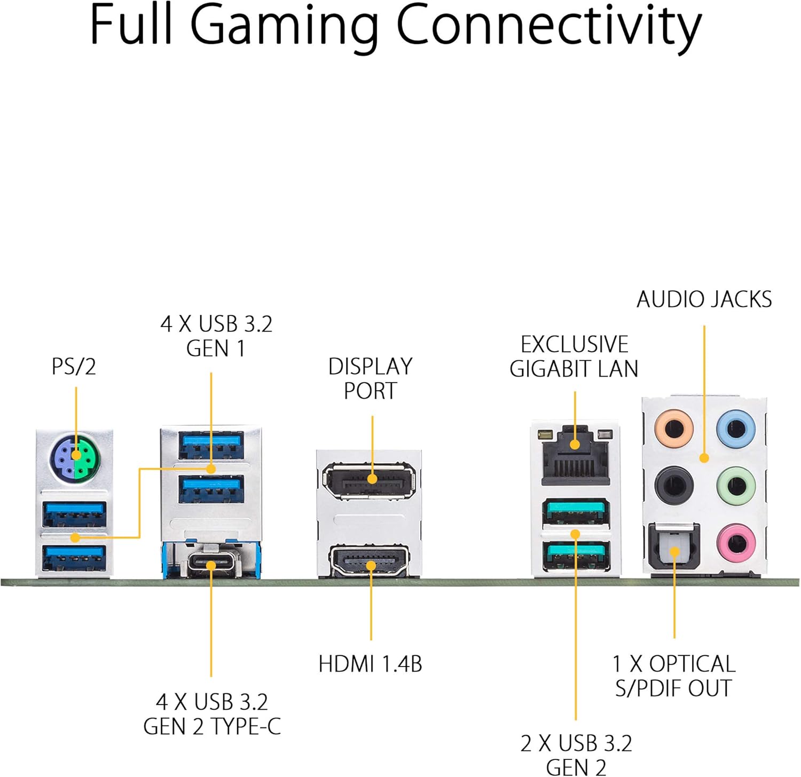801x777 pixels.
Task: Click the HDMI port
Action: [x=370, y=561]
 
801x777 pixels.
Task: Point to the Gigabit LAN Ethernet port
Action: [x=575, y=455]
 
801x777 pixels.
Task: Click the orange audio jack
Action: [x=674, y=427]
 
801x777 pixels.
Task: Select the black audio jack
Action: [x=674, y=485]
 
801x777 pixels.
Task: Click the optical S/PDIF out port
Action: [x=674, y=550]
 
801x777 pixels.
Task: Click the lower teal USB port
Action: [x=576, y=556]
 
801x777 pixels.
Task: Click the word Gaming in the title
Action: [x=283, y=26]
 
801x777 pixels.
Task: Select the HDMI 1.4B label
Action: [x=370, y=664]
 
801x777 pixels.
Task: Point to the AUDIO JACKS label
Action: [x=704, y=300]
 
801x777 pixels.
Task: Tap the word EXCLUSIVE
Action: [x=575, y=345]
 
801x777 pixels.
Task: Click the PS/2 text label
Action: [x=74, y=367]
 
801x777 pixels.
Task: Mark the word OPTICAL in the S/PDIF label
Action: [x=692, y=664]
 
